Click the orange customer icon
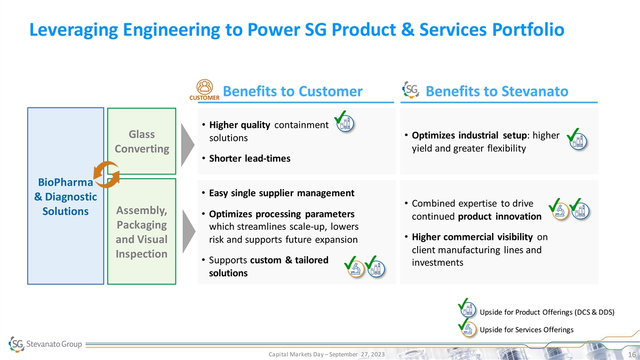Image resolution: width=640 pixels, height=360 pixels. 205,90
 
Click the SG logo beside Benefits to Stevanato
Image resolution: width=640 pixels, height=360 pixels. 411,90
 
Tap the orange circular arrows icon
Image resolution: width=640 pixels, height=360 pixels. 107,174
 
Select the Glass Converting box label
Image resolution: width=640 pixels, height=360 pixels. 142,141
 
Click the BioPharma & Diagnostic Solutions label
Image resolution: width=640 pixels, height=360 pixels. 66,197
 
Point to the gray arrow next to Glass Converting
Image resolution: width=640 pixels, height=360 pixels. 188,145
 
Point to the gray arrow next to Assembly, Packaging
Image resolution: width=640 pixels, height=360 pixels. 189,231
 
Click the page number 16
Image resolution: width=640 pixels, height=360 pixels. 631,355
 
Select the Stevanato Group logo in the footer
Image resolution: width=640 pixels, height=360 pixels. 45,344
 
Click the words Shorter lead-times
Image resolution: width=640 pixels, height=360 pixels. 250,158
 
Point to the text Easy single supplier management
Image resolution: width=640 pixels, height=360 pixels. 282,193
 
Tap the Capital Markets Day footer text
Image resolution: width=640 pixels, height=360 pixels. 326,354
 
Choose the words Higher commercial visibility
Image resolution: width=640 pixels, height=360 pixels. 473,237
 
